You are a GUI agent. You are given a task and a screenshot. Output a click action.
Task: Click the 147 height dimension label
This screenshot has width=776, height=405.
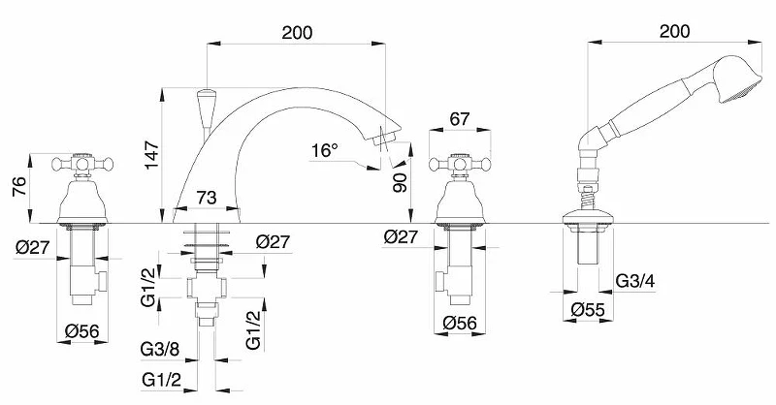tap(152, 155)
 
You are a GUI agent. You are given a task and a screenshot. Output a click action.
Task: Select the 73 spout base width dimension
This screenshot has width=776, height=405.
tap(207, 198)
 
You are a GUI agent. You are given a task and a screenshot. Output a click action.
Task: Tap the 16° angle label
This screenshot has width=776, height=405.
tap(325, 150)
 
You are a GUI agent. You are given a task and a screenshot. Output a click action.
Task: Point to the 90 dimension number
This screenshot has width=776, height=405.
tap(400, 182)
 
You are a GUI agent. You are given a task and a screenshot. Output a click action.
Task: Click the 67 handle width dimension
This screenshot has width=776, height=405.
tap(460, 119)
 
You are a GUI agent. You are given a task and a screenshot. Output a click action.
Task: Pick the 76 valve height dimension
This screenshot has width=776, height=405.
tap(19, 186)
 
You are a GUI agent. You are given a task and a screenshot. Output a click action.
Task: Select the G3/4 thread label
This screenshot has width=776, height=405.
tap(635, 281)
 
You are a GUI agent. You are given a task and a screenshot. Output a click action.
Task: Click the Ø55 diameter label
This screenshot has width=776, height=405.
tap(588, 309)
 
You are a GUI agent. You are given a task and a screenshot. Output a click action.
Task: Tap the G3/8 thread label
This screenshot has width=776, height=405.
tap(160, 349)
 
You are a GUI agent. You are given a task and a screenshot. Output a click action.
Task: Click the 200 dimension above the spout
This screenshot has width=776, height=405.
tap(297, 33)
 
